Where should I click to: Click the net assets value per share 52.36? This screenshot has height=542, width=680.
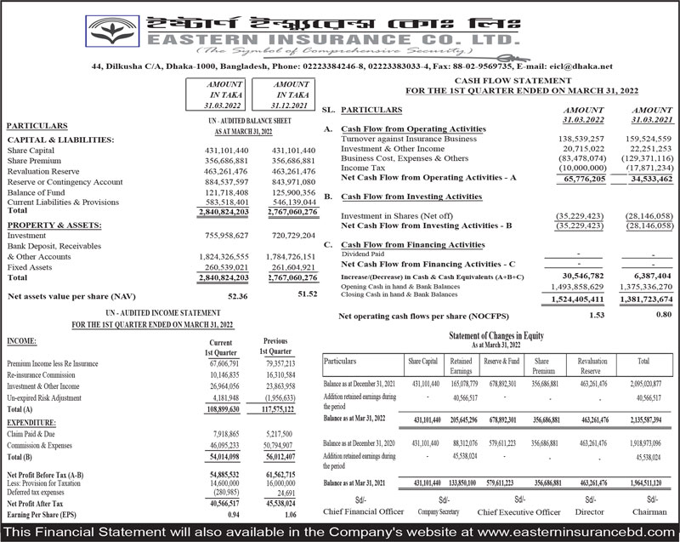pos(237,296)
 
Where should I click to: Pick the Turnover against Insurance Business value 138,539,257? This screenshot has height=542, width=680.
pos(581,138)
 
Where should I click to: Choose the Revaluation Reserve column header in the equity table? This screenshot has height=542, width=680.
pos(592,366)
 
